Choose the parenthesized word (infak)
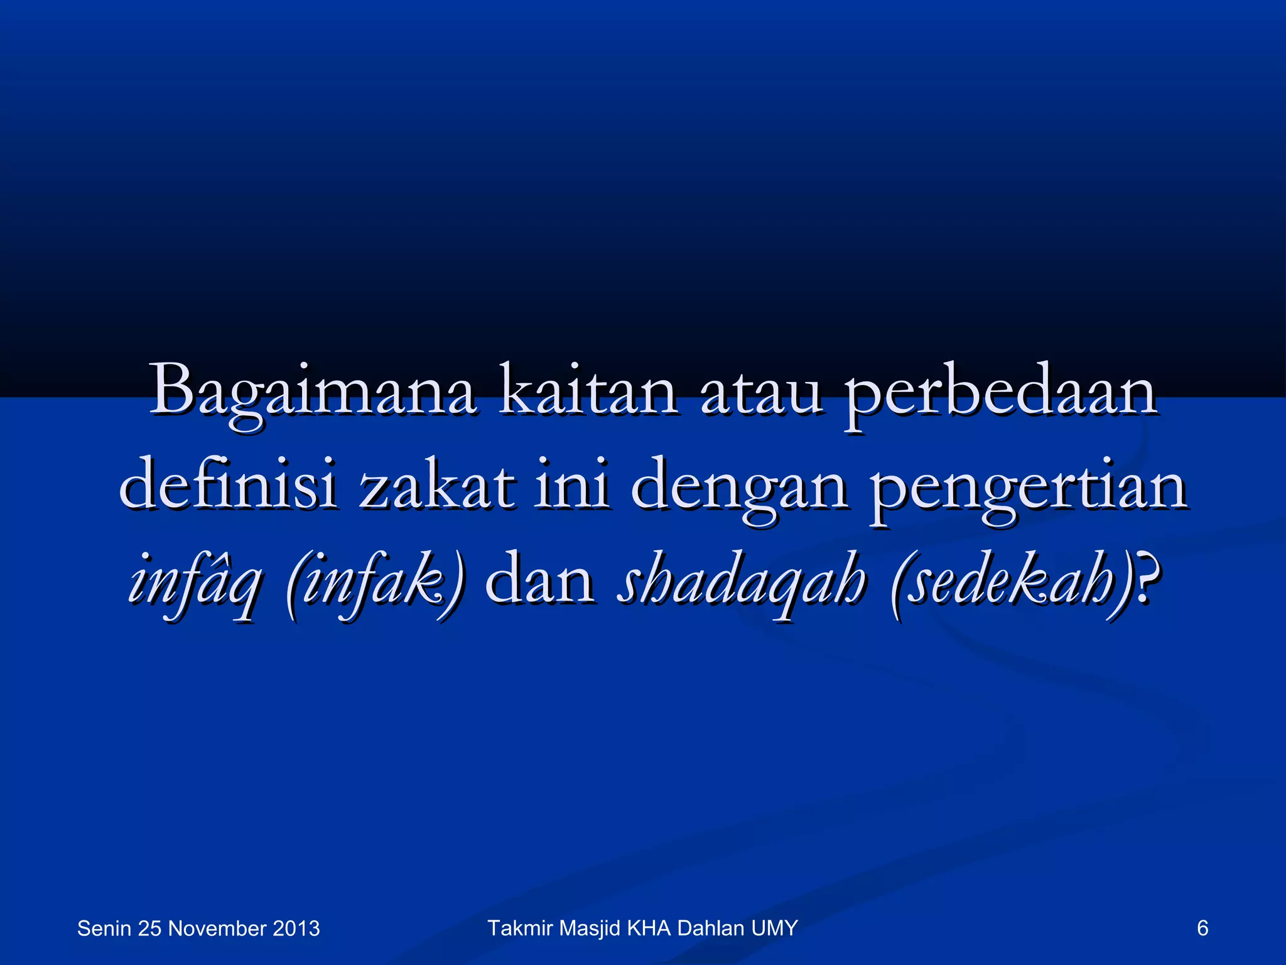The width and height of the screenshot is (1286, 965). [x=376, y=581]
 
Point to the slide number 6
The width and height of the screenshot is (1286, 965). [x=1202, y=928]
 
